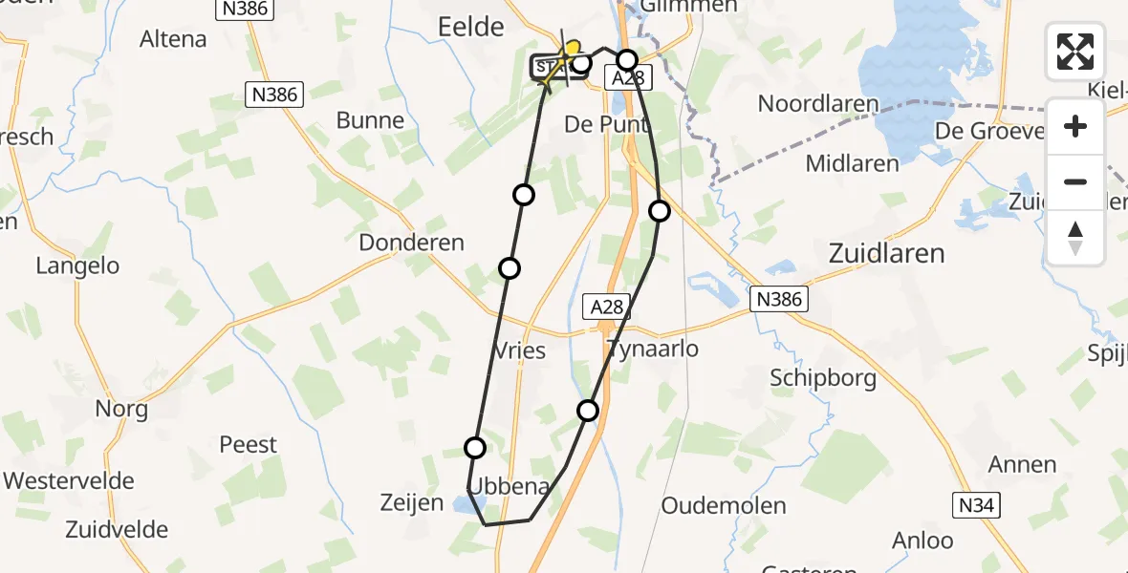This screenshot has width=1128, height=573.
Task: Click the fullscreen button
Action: (x=1075, y=52)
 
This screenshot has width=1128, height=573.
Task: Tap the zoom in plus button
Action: (x=1075, y=126)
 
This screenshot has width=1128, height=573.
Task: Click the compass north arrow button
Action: (x=1075, y=238)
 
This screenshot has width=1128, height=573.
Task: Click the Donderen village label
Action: (x=411, y=243)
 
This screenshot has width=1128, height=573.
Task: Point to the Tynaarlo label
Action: (x=652, y=349)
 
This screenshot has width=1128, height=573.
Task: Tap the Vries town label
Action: (x=521, y=350)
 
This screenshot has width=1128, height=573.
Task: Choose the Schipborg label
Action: (x=823, y=377)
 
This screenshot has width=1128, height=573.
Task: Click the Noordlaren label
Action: (x=819, y=103)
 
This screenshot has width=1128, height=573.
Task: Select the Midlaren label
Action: (x=852, y=163)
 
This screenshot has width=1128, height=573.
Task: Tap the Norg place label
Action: (x=121, y=410)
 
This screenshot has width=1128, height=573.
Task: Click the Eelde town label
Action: (x=470, y=27)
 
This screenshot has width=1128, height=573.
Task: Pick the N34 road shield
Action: (x=976, y=505)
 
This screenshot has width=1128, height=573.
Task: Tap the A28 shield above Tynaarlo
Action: (x=607, y=307)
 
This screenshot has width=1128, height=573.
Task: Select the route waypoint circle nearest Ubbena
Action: (x=475, y=447)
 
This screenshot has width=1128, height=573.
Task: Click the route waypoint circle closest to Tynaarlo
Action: (x=588, y=411)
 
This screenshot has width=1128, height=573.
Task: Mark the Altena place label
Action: (x=173, y=39)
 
